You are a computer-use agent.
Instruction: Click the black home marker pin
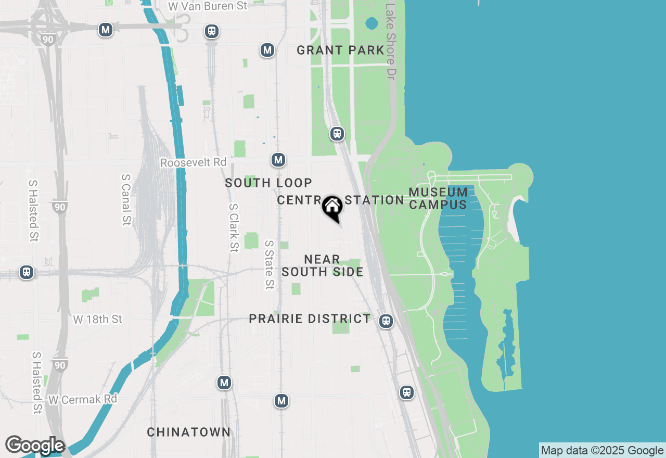(332, 208)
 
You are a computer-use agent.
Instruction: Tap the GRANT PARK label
(340, 50)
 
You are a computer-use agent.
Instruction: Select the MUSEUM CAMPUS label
(438, 198)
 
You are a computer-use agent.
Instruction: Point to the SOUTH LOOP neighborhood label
(268, 183)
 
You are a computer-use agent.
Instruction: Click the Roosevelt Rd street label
(194, 162)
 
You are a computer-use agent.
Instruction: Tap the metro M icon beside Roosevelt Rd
(278, 160)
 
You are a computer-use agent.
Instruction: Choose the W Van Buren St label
(208, 6)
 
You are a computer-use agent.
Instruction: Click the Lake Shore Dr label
(391, 42)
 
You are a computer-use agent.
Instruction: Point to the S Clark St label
(234, 227)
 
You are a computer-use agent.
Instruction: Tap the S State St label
(269, 264)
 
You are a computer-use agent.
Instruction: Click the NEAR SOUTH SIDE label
(323, 265)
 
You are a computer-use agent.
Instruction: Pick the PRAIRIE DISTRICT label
(310, 319)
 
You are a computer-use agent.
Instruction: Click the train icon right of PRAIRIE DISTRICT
(386, 321)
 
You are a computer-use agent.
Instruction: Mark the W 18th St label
(97, 319)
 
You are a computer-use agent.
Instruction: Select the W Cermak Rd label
(83, 399)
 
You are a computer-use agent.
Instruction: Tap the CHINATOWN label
(188, 432)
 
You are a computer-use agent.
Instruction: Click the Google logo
(34, 446)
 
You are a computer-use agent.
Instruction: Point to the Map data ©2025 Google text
(602, 451)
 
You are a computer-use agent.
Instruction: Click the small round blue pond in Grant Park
(372, 23)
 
